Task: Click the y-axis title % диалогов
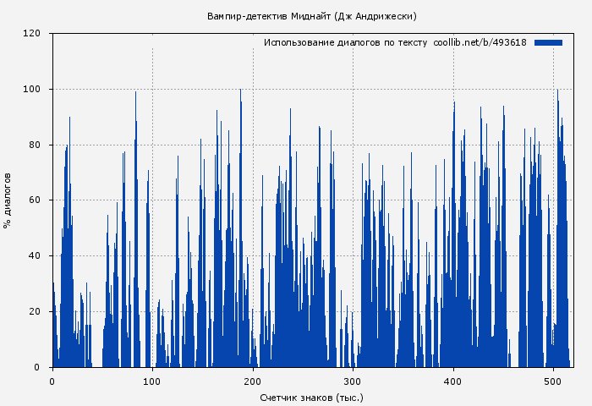(x=8, y=200)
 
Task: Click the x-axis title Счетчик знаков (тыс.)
(x=311, y=397)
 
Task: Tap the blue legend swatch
(x=548, y=42)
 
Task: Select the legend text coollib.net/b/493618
(x=480, y=42)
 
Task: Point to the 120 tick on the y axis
(x=32, y=34)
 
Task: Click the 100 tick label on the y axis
(x=32, y=90)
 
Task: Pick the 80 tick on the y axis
(x=35, y=145)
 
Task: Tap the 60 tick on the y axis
(x=35, y=200)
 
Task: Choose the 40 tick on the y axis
(x=35, y=256)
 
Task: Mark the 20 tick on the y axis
(x=35, y=312)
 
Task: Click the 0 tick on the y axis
(x=37, y=367)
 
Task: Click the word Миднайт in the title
(x=310, y=16)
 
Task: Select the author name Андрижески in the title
(x=385, y=16)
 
